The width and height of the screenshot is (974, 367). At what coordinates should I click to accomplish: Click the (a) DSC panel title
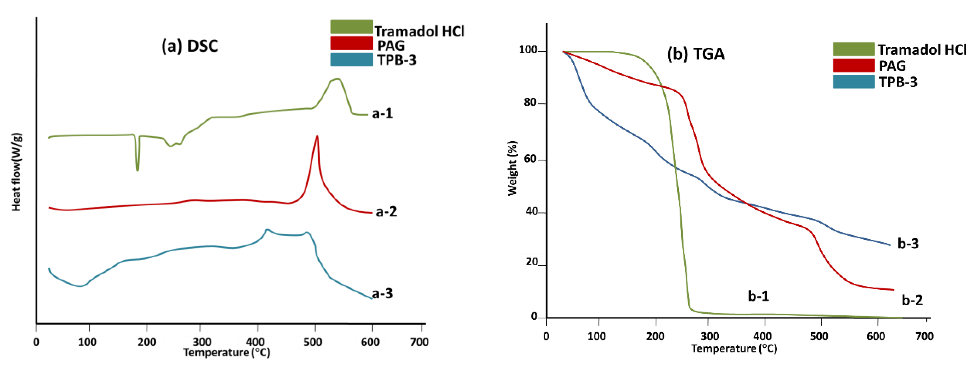pos(190,46)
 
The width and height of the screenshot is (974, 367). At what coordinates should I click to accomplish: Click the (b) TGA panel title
pos(696,54)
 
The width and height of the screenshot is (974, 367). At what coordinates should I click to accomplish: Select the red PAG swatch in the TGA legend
pos(854,65)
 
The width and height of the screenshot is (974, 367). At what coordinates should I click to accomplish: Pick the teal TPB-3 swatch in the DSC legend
pos(351,60)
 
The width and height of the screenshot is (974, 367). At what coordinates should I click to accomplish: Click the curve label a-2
pos(386,211)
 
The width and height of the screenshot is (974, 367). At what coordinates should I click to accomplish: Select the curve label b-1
pos(758,296)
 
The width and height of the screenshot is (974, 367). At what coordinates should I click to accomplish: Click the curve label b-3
pos(908,243)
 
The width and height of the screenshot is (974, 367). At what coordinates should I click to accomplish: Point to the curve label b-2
pos(912,300)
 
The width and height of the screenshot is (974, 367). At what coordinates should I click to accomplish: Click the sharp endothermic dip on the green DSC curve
pos(137,170)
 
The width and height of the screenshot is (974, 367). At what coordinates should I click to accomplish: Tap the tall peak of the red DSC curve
pos(317,137)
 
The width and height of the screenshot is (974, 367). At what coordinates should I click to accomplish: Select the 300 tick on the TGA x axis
pos(709,336)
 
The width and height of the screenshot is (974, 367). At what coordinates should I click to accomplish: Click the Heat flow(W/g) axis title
pos(16,172)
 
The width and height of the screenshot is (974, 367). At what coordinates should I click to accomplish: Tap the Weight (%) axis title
pos(512,168)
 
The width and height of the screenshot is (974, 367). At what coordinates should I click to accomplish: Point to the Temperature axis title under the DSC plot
pos(226,353)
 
